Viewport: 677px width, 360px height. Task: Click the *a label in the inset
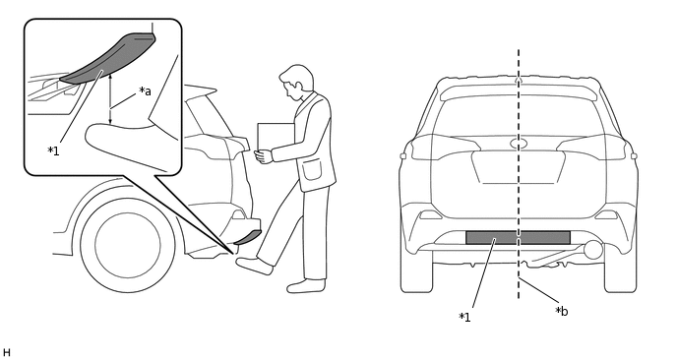coord(145,91)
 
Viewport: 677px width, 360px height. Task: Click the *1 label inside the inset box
coord(53,151)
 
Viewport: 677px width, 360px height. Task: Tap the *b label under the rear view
coord(561,311)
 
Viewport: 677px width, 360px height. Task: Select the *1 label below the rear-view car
coord(464,318)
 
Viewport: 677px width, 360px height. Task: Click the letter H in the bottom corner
coord(6,353)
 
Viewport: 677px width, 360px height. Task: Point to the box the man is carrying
coord(275,138)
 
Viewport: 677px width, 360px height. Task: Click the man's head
coord(296,82)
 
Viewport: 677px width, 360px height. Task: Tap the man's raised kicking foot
coord(254,266)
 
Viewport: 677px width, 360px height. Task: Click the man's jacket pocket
coord(312,169)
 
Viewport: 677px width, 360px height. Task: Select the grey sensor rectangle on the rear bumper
coord(519,237)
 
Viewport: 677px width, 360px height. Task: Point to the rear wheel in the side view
coord(128,245)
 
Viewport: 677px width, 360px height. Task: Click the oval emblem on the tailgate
coord(519,144)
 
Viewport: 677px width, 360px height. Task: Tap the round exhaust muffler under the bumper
coord(593,250)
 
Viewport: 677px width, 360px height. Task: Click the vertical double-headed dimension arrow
coord(110,98)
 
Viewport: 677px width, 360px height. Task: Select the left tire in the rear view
coord(416,271)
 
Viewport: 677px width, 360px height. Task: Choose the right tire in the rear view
coord(621,271)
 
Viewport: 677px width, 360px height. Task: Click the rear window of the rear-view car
coord(519,116)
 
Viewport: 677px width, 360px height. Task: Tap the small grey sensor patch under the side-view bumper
coord(248,237)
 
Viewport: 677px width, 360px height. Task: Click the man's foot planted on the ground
coord(306,286)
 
